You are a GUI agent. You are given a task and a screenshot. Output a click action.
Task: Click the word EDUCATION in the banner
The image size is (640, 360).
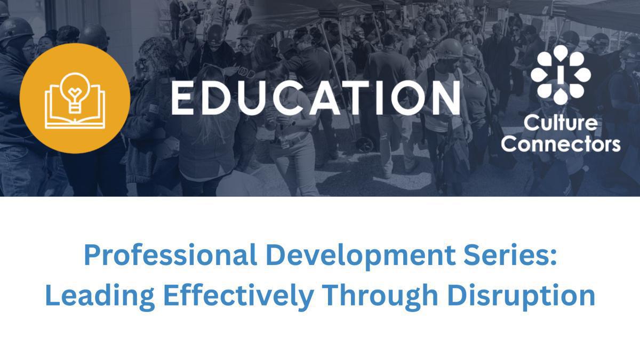tap(315, 98)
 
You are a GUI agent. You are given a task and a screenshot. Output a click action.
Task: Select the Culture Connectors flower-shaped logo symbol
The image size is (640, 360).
tap(561, 75)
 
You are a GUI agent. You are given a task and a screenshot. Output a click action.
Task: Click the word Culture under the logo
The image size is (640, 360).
tap(561, 124)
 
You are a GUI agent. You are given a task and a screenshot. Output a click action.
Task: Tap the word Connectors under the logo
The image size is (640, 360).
tap(561, 144)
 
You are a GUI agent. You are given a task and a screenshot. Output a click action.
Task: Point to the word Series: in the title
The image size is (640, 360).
tap(513, 257)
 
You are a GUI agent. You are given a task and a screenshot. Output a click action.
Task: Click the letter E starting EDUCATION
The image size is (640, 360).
tap(183, 98)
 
